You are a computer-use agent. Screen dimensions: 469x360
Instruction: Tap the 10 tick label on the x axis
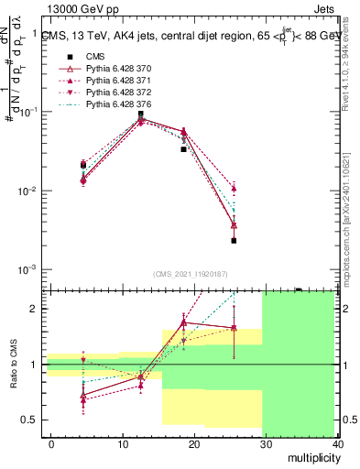[x=123, y=442]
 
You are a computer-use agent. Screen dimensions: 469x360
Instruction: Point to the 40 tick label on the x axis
[x=337, y=442]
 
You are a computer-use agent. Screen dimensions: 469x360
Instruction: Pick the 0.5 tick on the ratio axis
[x=31, y=420]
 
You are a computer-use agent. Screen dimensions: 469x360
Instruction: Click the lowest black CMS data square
[x=234, y=241]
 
